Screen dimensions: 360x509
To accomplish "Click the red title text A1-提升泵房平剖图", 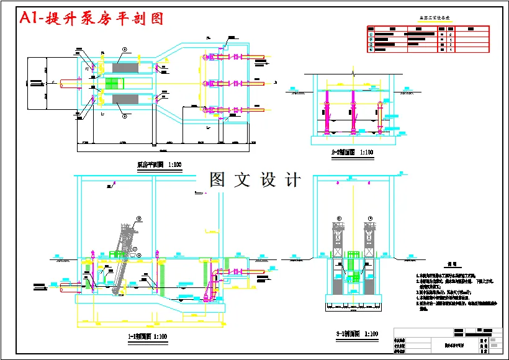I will point(92,19).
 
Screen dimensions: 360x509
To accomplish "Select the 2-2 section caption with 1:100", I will point(352,152).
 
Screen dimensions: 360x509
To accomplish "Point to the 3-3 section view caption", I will point(357,334).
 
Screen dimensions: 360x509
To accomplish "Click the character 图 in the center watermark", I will point(217,180).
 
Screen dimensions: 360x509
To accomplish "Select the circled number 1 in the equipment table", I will point(371,34).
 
